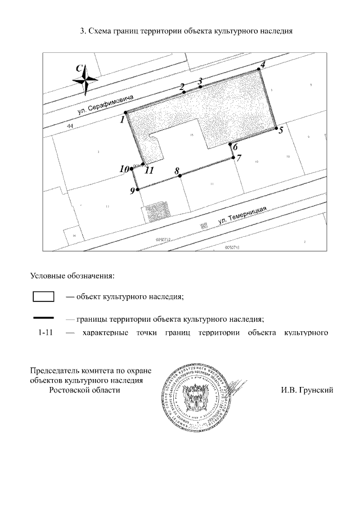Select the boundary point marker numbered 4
coord(260,70)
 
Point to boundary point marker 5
coord(276,129)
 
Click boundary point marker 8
coord(180,176)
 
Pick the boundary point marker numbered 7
coord(233,157)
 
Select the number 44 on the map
coord(70,127)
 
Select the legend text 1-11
coord(46,333)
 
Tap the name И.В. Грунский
coord(307,390)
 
